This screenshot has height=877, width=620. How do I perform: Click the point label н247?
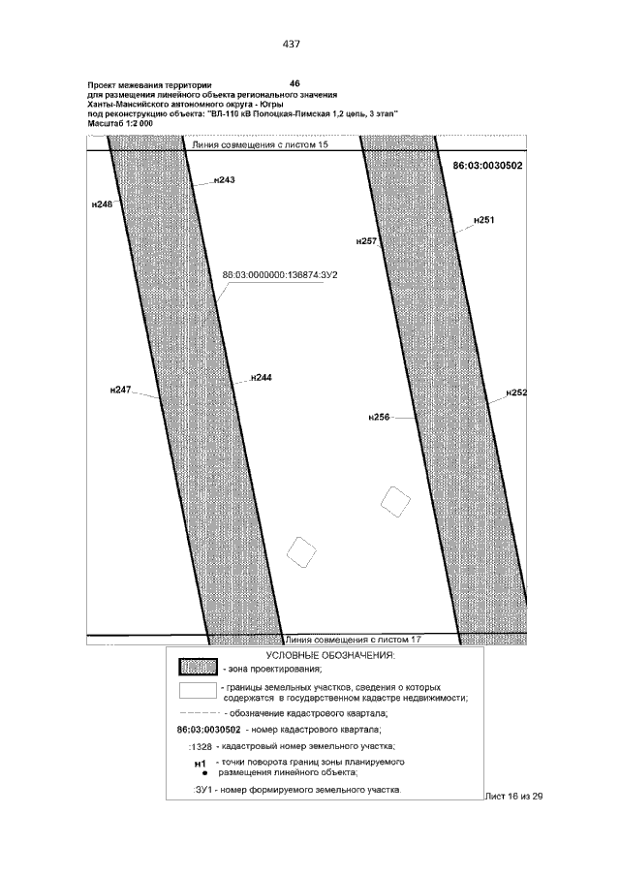[x=119, y=389]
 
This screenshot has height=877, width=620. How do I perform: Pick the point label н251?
[x=483, y=221]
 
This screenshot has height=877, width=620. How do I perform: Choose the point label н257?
[x=366, y=239]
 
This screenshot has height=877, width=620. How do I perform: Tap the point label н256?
[x=379, y=417]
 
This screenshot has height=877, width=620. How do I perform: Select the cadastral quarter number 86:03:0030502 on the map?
[x=488, y=166]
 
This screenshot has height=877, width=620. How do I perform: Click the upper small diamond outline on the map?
[x=394, y=500]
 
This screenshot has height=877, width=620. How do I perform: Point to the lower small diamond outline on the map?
[x=302, y=552]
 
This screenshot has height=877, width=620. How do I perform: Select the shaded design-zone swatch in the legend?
[x=197, y=668]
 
